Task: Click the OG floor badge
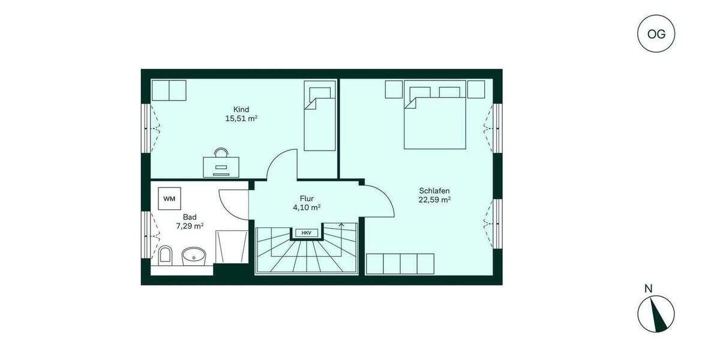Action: (x=656, y=34)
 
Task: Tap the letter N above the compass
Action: (x=648, y=289)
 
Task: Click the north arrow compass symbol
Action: (x=656, y=314)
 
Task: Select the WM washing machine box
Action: (x=169, y=198)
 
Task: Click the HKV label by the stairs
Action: (x=306, y=232)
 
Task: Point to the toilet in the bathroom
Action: (x=166, y=256)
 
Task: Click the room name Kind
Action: (x=241, y=109)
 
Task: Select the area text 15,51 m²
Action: (x=241, y=119)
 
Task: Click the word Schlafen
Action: (x=434, y=191)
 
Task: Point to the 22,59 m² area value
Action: (x=434, y=200)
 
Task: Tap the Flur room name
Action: (x=307, y=198)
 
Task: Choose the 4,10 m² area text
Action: (x=306, y=208)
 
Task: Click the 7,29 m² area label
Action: (x=190, y=226)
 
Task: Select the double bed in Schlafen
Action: (x=435, y=118)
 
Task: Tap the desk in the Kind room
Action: (x=221, y=165)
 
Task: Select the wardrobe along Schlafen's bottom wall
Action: (x=400, y=264)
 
